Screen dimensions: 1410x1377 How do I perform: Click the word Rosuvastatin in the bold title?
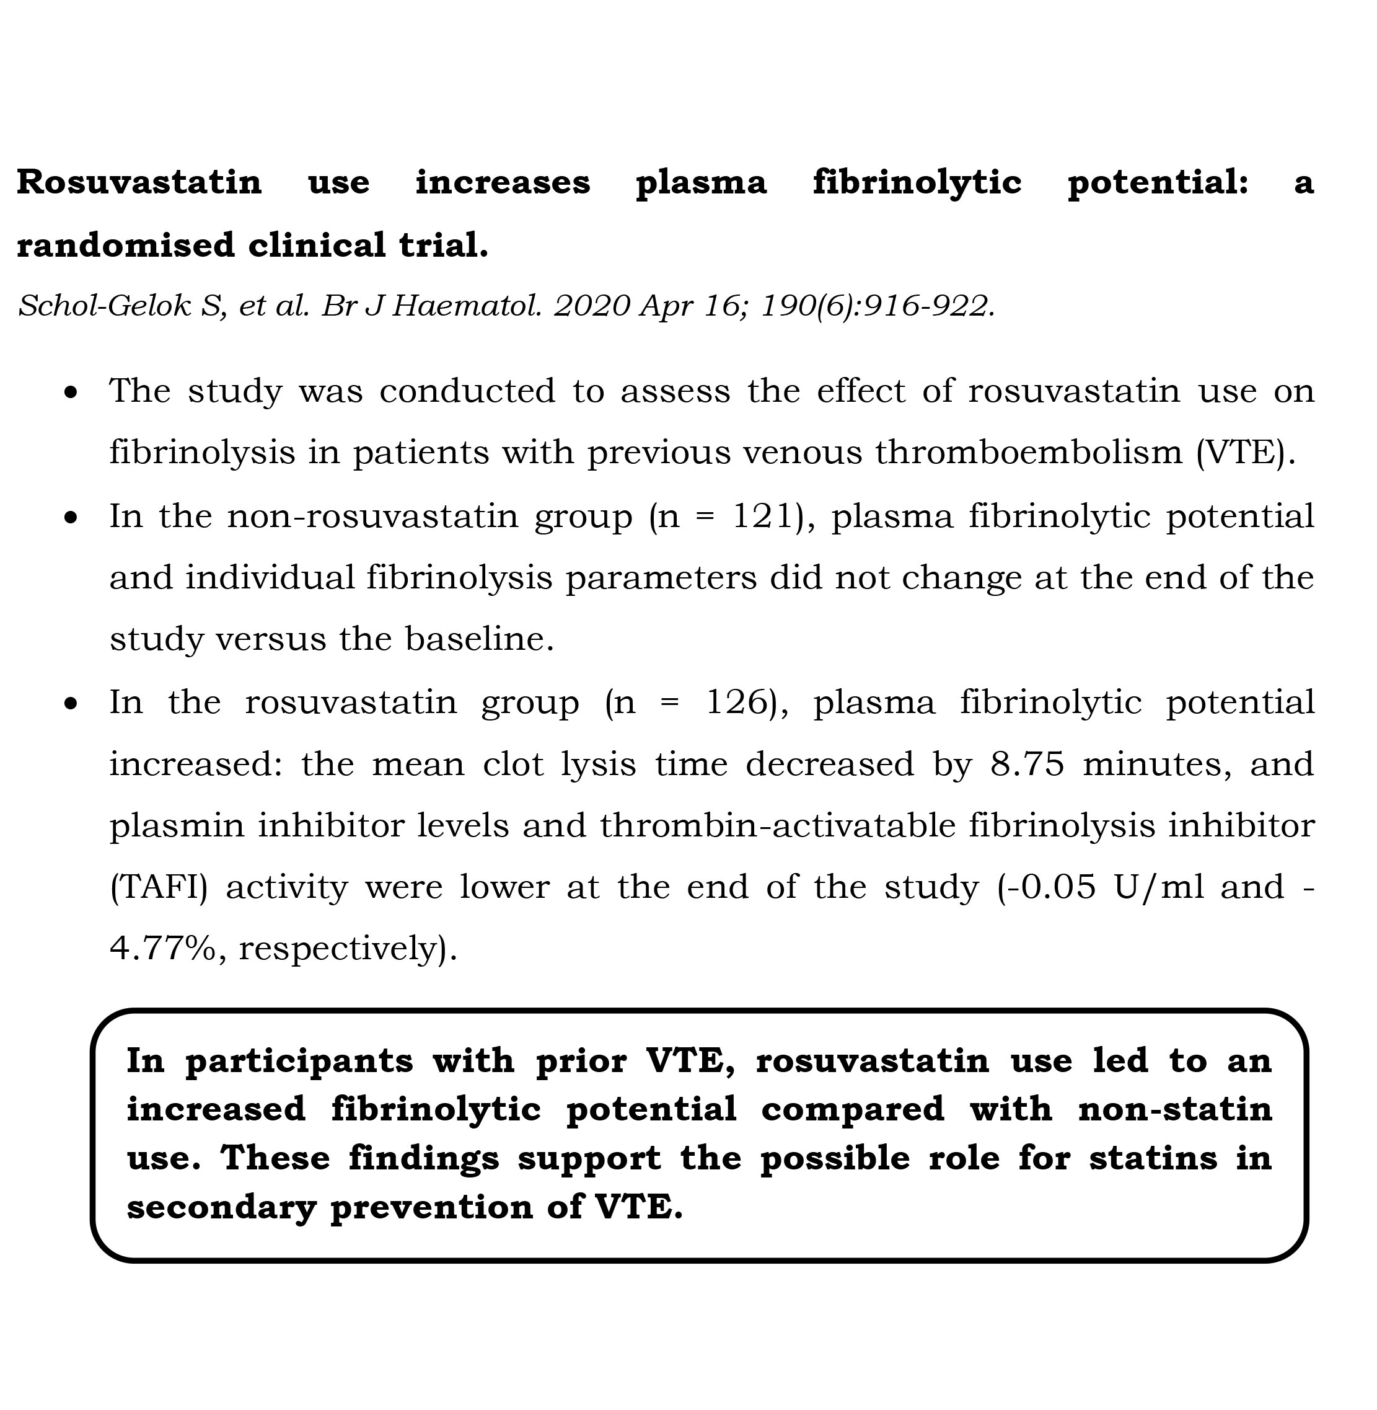(139, 182)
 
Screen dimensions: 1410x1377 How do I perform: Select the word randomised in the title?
(125, 246)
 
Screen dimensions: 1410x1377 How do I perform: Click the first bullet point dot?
(70, 394)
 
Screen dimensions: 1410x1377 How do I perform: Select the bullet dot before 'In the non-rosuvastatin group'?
(70, 518)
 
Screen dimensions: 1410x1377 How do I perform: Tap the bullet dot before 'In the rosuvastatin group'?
(70, 704)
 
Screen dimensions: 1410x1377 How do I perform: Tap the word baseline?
(479, 639)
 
